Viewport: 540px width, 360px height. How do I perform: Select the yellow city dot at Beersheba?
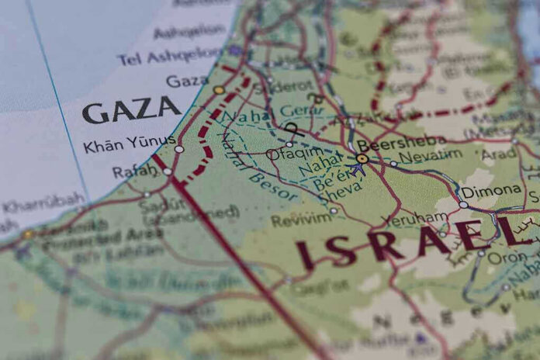coord(362,158)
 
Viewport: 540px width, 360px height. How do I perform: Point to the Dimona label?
coord(491,191)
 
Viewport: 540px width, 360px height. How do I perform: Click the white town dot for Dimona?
coord(463,205)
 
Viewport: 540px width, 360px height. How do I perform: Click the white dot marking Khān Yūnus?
coord(178,149)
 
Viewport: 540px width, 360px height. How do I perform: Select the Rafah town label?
coord(134,171)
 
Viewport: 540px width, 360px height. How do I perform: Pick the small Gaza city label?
coord(186,81)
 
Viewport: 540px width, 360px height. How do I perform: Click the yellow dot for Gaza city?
coord(219,90)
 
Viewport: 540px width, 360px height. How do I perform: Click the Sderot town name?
coord(290,86)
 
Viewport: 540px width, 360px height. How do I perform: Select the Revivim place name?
coord(301,220)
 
